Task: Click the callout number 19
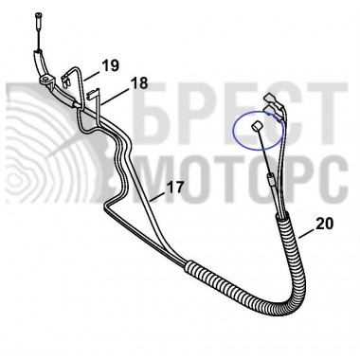tap(110, 65)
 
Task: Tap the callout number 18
tap(139, 83)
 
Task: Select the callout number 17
tap(174, 188)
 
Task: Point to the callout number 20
tap(324, 224)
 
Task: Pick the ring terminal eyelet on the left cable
tap(46, 79)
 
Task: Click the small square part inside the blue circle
tap(256, 127)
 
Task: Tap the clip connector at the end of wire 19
tap(66, 81)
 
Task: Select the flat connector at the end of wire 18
tap(93, 93)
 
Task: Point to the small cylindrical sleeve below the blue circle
tap(271, 179)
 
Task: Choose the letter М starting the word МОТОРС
tap(158, 179)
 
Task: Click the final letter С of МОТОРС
tap(333, 179)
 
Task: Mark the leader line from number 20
tap(306, 234)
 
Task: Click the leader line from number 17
tap(158, 196)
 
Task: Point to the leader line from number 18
tap(115, 96)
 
